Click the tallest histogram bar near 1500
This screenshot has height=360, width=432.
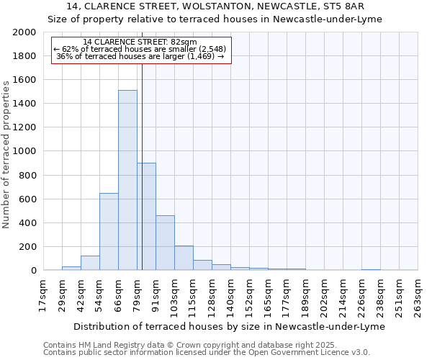click(x=127, y=180)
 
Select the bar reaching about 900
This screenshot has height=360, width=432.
click(x=146, y=216)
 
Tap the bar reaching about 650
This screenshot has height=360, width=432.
click(x=109, y=231)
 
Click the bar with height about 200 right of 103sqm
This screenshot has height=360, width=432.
click(x=184, y=258)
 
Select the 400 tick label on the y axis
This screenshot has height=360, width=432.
click(x=27, y=223)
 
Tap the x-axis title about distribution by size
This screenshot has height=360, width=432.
click(x=230, y=326)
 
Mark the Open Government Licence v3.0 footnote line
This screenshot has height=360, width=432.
click(x=206, y=353)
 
